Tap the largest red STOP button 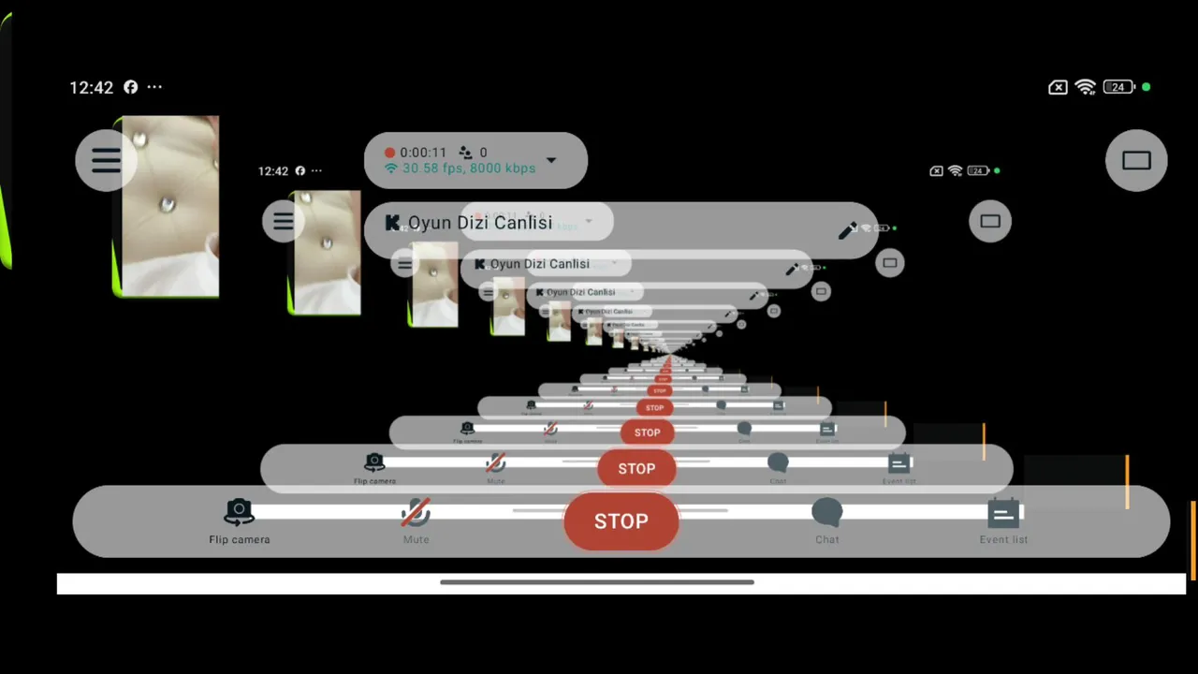621,521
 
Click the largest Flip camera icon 240,511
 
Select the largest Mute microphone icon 416,512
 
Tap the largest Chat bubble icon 826,512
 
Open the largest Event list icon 1003,513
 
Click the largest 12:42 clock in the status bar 91,87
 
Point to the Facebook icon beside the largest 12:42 131,87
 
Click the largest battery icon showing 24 1118,87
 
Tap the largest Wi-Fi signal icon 1086,87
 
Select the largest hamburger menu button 106,160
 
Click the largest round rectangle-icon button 1136,160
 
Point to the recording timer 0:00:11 423,153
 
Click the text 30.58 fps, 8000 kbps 469,168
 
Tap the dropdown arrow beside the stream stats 551,160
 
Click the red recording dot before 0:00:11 390,153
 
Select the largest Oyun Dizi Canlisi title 480,223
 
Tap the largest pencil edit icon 848,230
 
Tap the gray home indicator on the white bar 597,582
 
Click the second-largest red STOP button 636,468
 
